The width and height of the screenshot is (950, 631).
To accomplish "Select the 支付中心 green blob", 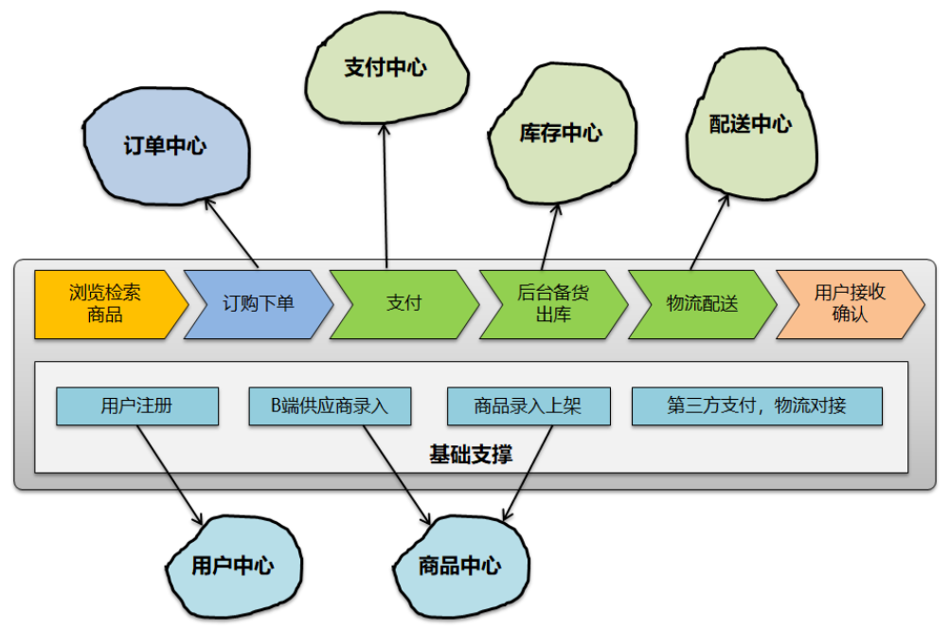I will coord(385,69).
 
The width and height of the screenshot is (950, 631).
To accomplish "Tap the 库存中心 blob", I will coord(560,134).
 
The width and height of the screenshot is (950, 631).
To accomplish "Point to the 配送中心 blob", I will coord(750,124).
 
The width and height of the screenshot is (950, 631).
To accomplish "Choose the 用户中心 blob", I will coord(232,566).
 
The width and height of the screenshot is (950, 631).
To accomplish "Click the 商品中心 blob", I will coord(459,567).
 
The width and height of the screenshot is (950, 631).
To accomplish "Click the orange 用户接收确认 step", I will coord(849,304).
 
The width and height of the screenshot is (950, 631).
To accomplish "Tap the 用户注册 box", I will coord(137,406).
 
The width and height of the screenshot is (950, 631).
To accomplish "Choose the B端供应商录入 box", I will coord(330,406).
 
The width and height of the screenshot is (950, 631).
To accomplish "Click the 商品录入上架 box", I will coord(528,406).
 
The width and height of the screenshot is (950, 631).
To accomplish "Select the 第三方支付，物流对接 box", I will coord(757,406).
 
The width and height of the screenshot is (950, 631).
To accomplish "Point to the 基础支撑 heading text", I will coord(471,455).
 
